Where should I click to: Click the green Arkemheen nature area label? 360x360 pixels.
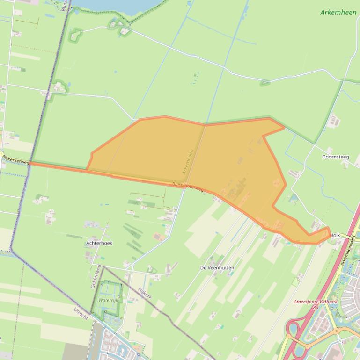pos(338,13)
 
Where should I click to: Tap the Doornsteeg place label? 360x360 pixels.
pos(335,157)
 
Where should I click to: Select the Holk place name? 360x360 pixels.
pos(335,235)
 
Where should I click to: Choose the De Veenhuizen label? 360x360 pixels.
pos(217,268)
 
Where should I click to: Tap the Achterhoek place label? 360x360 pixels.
pos(99,243)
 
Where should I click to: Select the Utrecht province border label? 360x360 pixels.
pos(81,313)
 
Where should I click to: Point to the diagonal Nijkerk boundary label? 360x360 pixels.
pos(145,293)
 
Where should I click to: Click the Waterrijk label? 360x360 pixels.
pos(109,300)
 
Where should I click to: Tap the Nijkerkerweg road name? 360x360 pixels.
pos(16,159)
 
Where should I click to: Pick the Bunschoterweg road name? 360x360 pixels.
pos(188,187)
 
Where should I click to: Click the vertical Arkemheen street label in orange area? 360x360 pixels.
pos(188,161)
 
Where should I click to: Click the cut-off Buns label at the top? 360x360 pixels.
pos(65,6)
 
